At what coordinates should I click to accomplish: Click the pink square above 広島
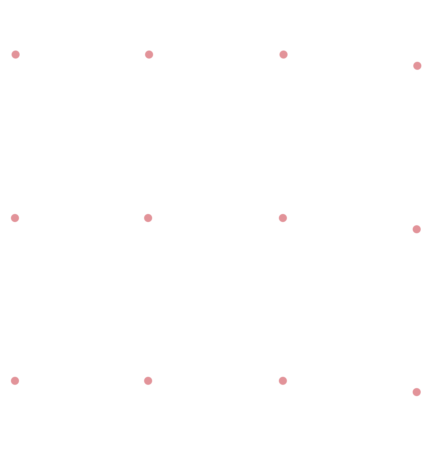15,55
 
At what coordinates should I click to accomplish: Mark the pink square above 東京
15,218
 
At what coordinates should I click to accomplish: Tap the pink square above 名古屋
15,381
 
